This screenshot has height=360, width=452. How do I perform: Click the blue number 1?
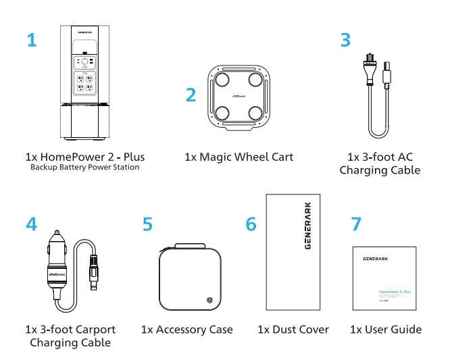point(32,40)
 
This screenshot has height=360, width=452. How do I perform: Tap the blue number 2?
point(191,95)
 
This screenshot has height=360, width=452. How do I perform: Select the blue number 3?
point(345,40)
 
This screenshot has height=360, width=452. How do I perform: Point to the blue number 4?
point(32,224)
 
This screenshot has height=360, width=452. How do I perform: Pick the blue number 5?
point(148,224)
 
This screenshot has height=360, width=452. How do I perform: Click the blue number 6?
point(251,224)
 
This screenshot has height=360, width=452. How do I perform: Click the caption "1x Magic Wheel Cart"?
point(238,157)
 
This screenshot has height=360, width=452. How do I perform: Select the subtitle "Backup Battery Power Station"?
point(85,168)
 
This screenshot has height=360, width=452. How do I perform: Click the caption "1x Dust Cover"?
point(293,330)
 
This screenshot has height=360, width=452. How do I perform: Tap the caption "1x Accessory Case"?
point(186,330)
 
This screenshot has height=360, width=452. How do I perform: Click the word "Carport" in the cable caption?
point(94,330)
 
